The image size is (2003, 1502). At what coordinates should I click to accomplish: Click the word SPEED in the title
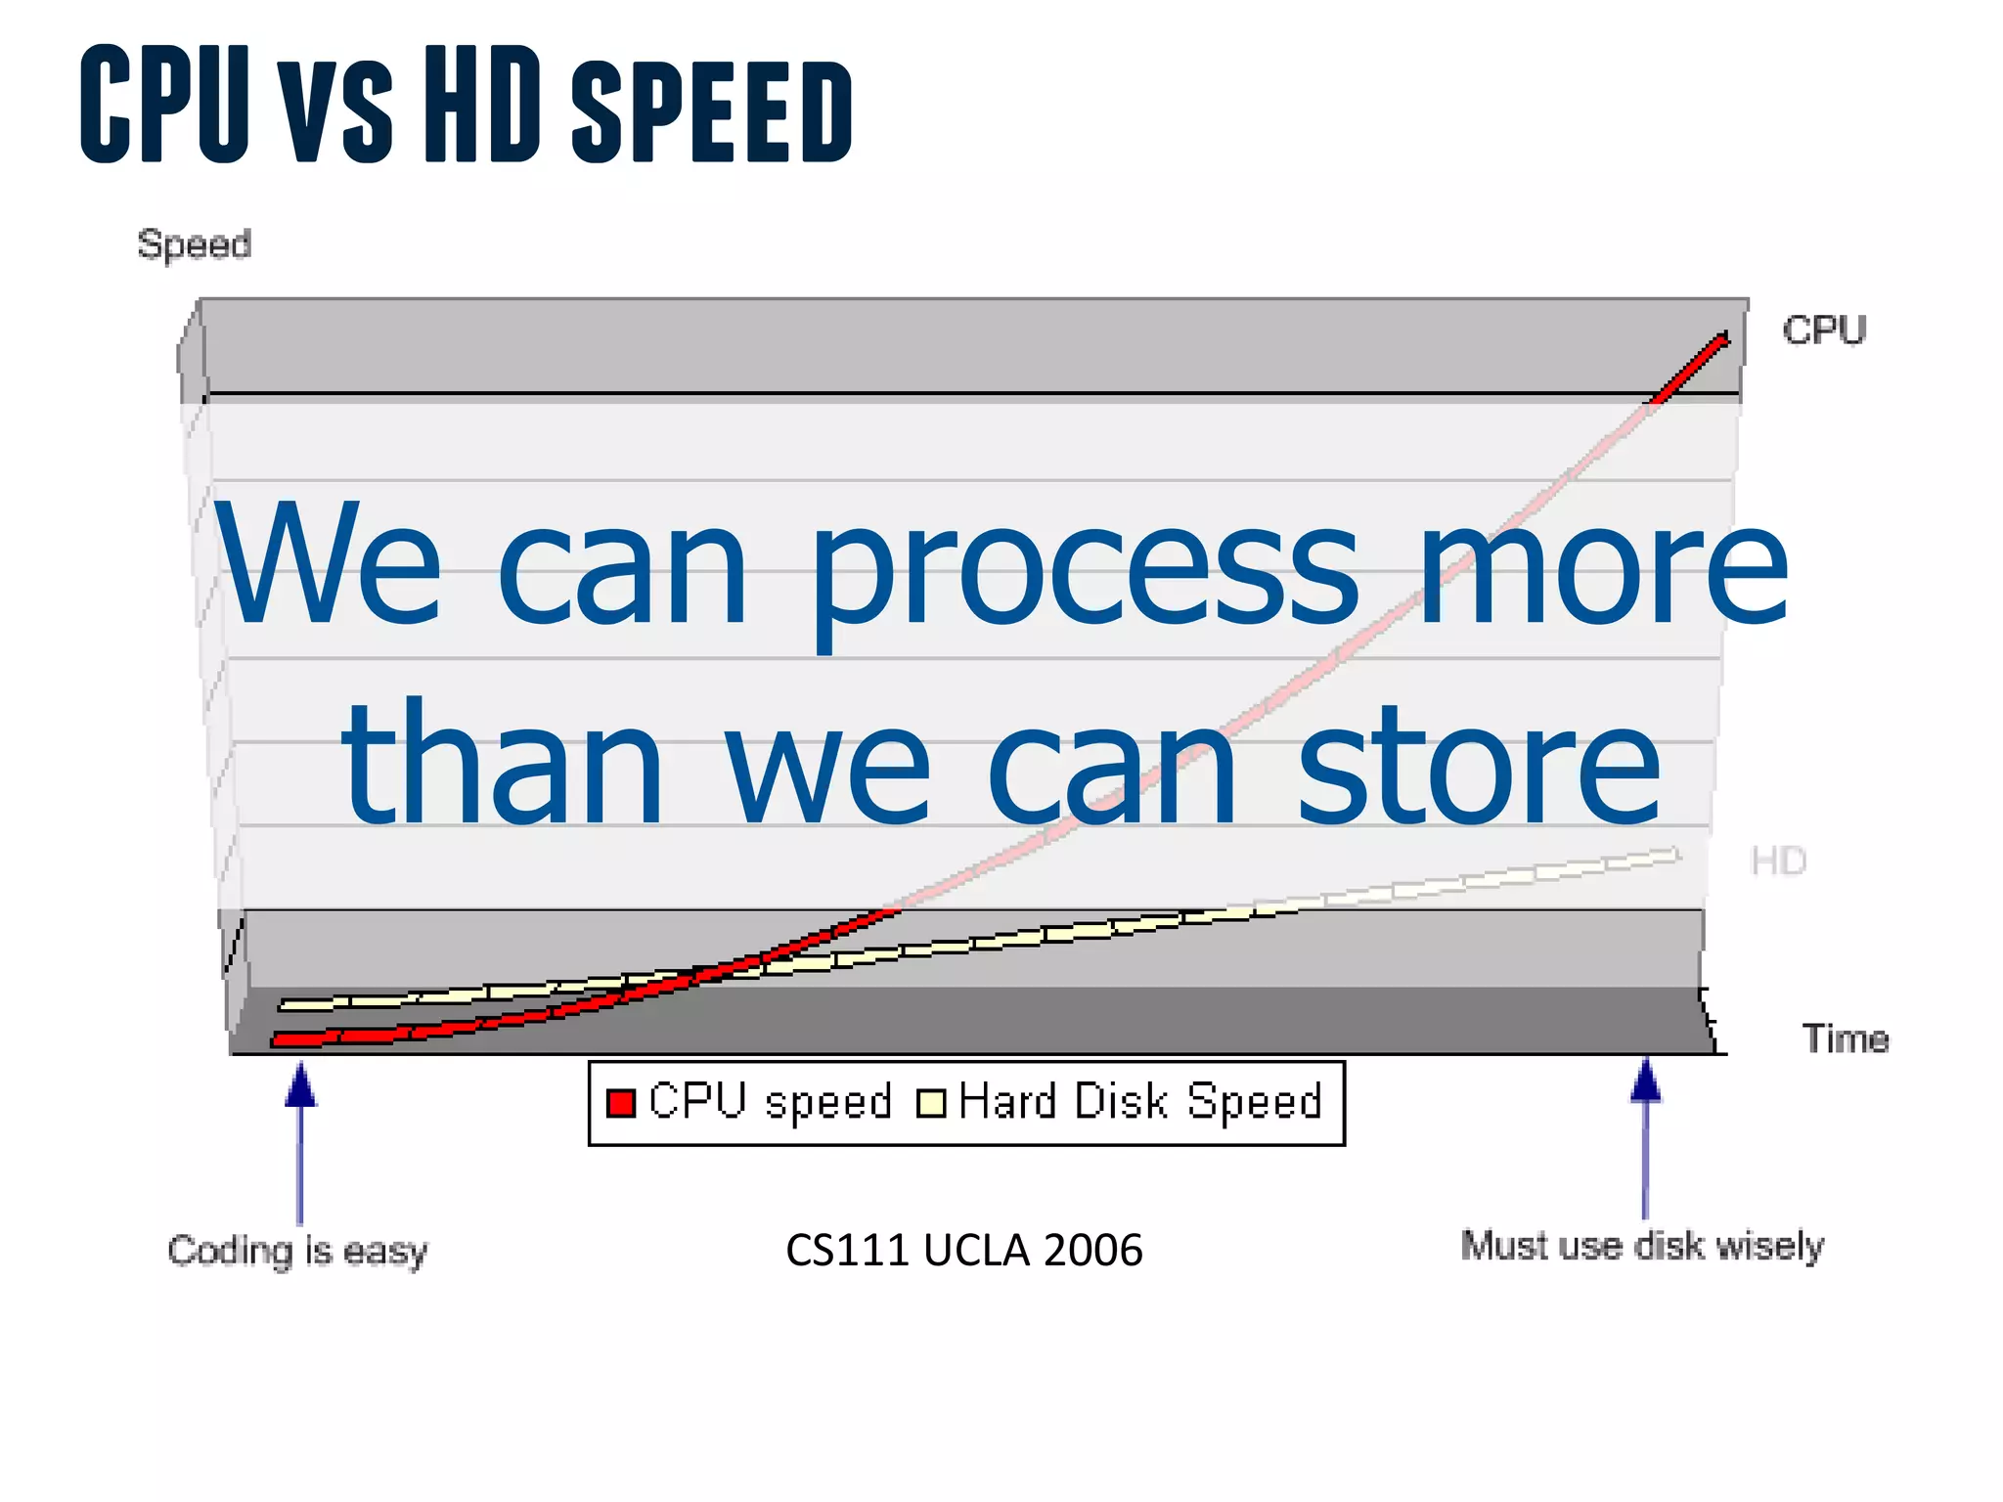click(712, 110)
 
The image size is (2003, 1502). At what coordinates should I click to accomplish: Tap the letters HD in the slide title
click(483, 103)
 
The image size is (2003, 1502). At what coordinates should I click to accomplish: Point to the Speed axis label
click(194, 243)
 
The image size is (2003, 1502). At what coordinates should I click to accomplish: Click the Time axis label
click(1845, 1038)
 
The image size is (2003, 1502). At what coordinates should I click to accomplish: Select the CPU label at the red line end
click(1824, 331)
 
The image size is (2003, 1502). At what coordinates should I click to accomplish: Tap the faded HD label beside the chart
click(1778, 861)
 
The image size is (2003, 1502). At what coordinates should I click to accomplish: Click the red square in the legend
click(621, 1102)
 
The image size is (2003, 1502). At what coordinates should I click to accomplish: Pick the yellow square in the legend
click(931, 1103)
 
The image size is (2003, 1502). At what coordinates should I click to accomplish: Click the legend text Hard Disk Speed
click(1140, 1102)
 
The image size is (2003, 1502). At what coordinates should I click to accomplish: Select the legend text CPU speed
click(770, 1102)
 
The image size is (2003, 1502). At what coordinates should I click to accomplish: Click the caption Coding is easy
click(297, 1251)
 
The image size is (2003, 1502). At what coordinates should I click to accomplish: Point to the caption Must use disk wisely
click(1642, 1246)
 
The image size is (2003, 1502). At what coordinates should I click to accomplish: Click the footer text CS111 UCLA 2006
click(963, 1251)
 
